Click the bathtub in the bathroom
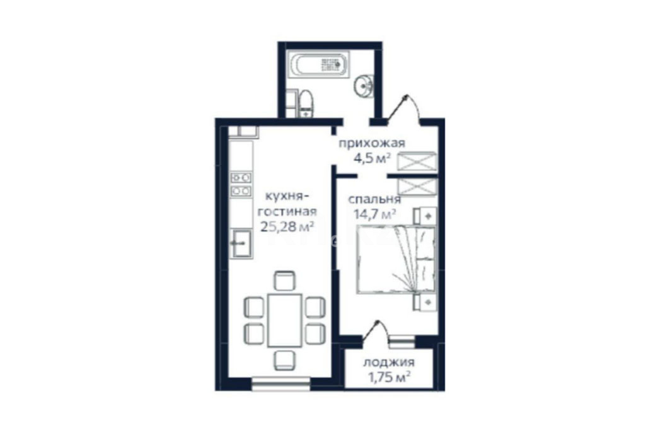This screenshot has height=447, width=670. (318, 65)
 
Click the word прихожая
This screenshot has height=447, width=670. (372, 143)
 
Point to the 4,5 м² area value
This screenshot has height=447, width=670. (372, 158)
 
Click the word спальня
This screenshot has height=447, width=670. (374, 199)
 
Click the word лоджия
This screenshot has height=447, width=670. (389, 363)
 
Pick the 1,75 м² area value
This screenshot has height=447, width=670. (389, 378)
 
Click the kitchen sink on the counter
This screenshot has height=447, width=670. (241, 243)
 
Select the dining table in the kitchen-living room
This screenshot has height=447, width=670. (285, 320)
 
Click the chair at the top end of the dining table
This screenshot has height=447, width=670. (285, 281)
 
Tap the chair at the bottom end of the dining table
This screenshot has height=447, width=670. (285, 360)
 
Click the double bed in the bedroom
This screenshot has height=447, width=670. (396, 260)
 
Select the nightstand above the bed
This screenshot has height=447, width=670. (425, 216)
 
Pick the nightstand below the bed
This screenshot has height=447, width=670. (425, 303)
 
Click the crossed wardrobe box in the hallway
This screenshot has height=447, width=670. (417, 161)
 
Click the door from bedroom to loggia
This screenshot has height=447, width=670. (376, 330)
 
